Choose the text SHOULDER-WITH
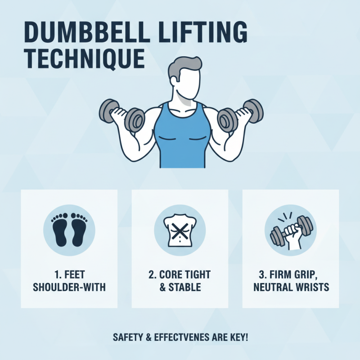(69, 287)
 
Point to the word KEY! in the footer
(238, 337)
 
